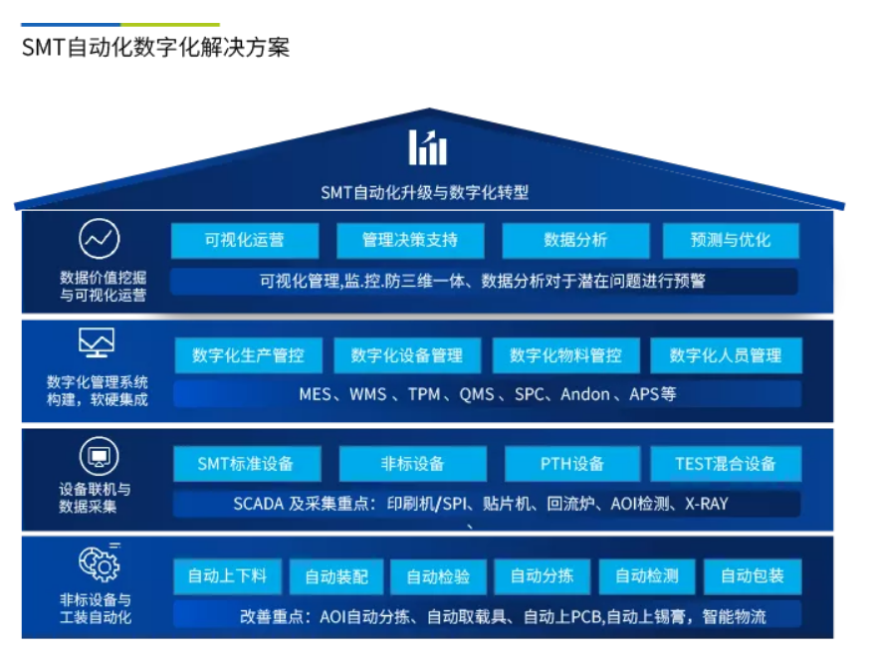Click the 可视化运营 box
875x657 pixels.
(245, 241)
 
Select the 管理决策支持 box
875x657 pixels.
(410, 241)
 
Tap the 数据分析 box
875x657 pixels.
(575, 241)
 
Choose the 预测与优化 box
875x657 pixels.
(731, 241)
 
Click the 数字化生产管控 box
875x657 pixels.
(248, 355)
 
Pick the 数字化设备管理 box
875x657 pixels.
(407, 355)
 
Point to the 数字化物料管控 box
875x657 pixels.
(565, 355)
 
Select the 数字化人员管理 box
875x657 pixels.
(726, 355)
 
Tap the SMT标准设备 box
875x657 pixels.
(247, 463)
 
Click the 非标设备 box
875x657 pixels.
(412, 463)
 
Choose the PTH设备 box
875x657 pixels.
(572, 463)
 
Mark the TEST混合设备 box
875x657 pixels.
(726, 463)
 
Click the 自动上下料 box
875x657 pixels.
(228, 576)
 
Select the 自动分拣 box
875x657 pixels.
(542, 576)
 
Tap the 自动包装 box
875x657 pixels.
(753, 576)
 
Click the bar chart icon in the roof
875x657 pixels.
(428, 148)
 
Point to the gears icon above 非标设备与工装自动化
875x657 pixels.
(100, 563)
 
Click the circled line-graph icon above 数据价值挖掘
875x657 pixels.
(100, 239)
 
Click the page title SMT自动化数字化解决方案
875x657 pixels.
(155, 48)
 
